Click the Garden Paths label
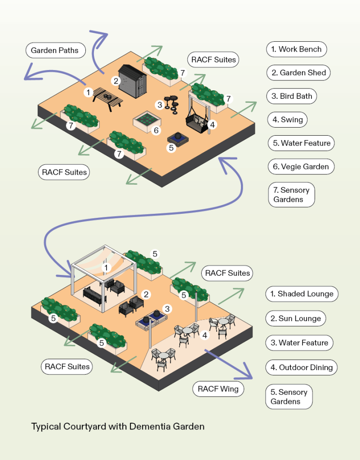[x=55, y=50]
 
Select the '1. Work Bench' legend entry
[x=296, y=49]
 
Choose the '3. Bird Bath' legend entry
[x=292, y=96]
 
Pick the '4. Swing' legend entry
[x=287, y=120]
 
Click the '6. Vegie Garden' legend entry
[x=301, y=167]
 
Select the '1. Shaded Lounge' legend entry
[x=301, y=294]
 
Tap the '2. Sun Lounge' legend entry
[x=295, y=318]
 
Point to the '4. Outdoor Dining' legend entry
[x=301, y=367]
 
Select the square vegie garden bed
[x=147, y=120]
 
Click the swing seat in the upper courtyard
[x=198, y=120]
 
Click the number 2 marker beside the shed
[x=116, y=81]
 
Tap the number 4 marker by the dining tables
[x=205, y=335]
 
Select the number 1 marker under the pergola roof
[x=107, y=268]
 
